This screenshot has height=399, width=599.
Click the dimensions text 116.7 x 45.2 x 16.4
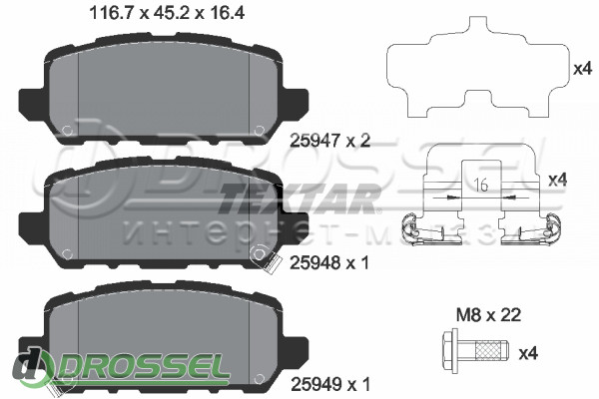pos(167,13)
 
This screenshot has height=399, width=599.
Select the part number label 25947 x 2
pos(330,141)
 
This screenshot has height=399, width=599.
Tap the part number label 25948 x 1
pos(329,262)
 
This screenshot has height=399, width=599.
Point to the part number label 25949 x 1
pos(330,384)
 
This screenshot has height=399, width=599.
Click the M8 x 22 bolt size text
pos(488,315)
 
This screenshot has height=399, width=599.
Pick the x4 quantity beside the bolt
pos(528,353)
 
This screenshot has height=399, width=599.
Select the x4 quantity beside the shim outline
pos(583,69)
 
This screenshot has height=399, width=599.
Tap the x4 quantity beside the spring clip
pos(558,180)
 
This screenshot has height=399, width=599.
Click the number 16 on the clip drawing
pos(482,185)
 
